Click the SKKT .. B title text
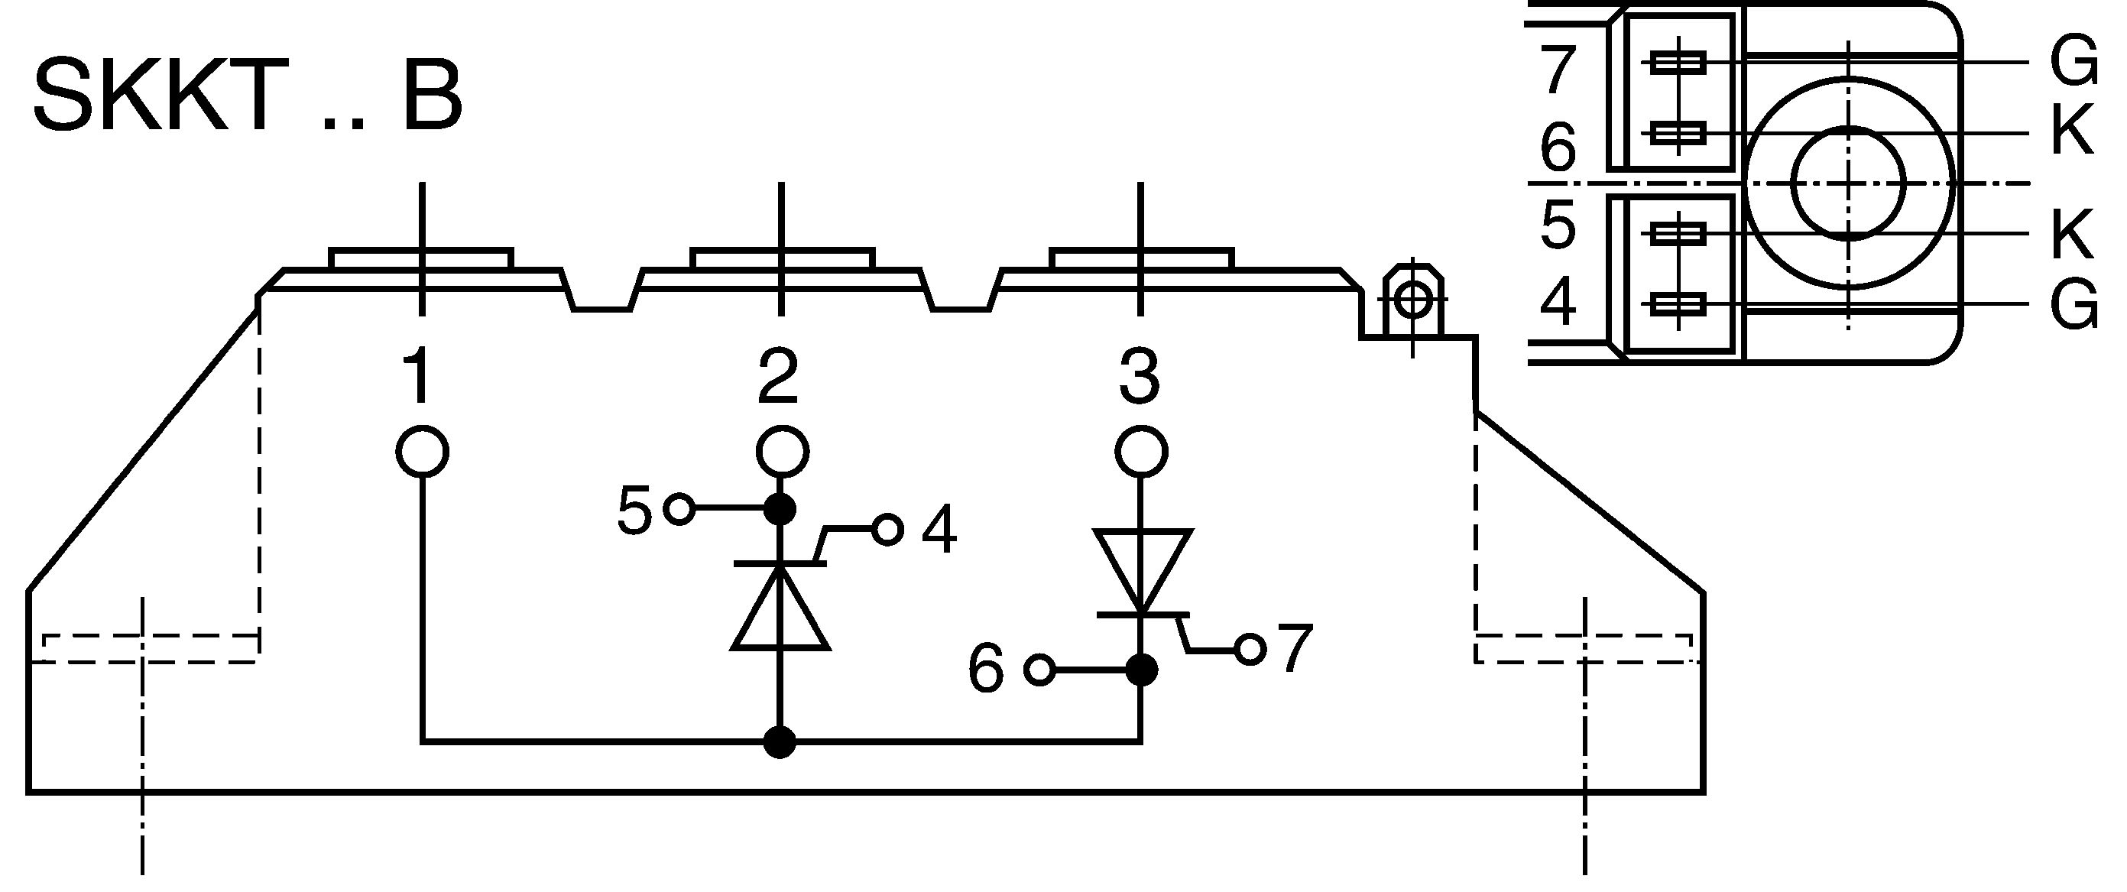(x=248, y=94)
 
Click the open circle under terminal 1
(x=423, y=452)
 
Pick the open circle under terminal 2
(x=782, y=452)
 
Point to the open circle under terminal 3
(x=1142, y=452)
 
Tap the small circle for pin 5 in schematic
(x=679, y=509)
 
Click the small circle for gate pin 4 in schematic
(x=887, y=530)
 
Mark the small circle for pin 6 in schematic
(x=1039, y=669)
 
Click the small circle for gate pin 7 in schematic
(x=1251, y=649)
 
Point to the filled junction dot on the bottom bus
(x=780, y=741)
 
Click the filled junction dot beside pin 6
(x=1142, y=669)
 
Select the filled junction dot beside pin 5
(x=780, y=509)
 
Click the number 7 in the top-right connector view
(x=1558, y=71)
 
